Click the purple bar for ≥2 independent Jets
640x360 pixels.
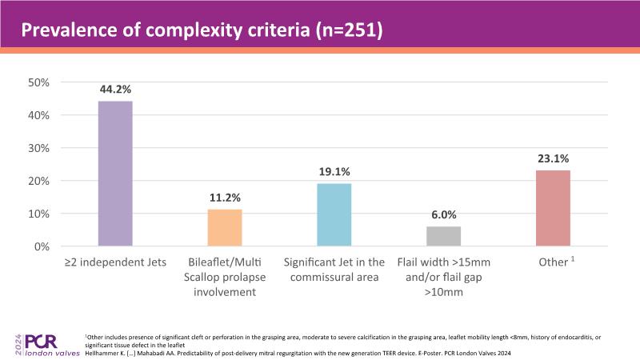tap(115, 174)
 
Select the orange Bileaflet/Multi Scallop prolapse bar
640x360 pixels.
tap(225, 228)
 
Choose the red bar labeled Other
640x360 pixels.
tap(554, 208)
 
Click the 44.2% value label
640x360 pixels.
tap(115, 90)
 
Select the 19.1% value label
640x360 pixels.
tap(334, 172)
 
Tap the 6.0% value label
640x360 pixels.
tap(443, 215)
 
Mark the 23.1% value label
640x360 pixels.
tap(554, 159)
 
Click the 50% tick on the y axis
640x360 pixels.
tap(39, 82)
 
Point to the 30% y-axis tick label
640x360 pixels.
tap(39, 148)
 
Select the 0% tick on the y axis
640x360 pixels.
tap(42, 246)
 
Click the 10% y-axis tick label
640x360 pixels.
tap(39, 214)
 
